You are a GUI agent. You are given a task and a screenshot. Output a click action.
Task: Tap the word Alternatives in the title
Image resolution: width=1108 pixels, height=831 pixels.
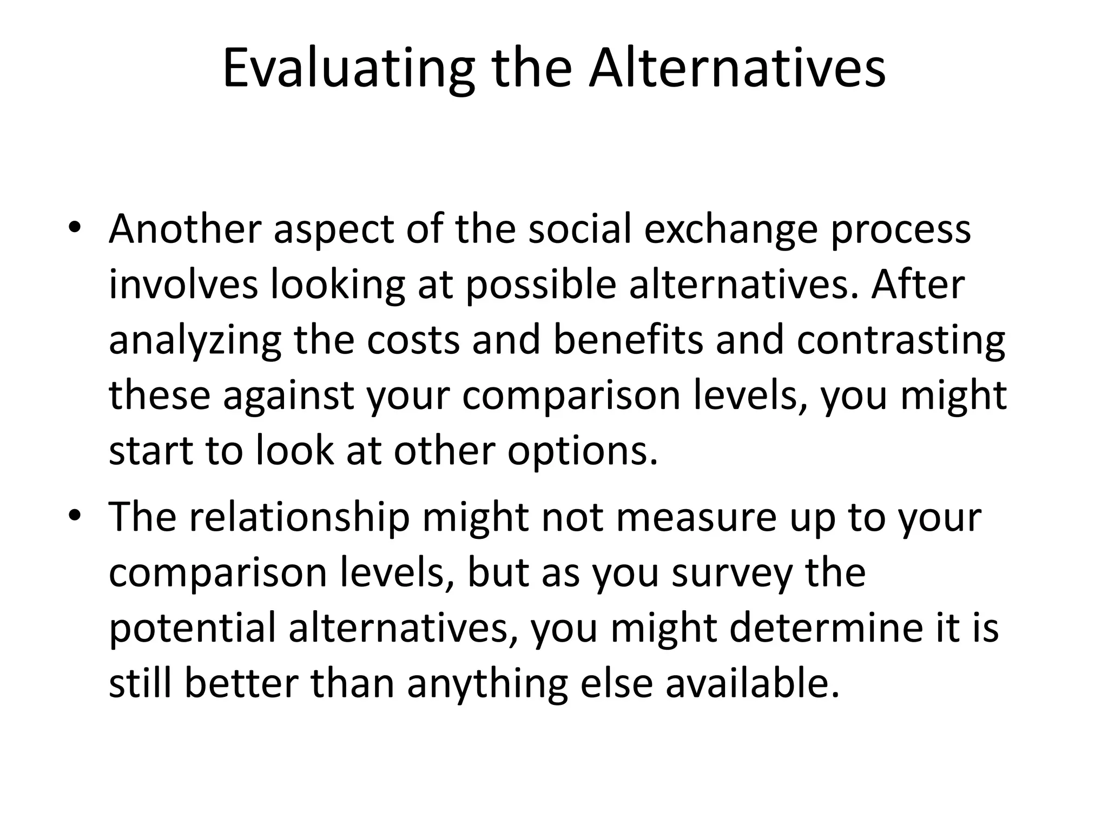coord(737,69)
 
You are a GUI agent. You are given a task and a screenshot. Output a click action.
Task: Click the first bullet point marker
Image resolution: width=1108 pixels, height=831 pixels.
coord(75,227)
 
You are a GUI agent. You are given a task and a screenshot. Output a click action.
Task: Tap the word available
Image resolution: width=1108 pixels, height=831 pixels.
coord(751,684)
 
